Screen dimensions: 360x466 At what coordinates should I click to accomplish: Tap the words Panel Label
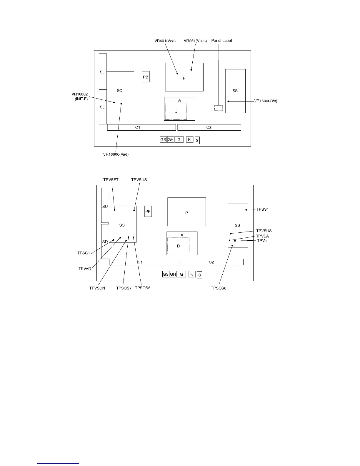[221, 41]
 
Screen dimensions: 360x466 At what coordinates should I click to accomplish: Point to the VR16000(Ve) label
[266, 101]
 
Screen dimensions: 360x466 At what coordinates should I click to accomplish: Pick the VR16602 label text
[80, 94]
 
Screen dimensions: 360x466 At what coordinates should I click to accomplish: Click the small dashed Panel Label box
[219, 108]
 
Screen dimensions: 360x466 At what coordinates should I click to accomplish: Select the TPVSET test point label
[111, 180]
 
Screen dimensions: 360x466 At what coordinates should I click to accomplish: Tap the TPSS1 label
[263, 209]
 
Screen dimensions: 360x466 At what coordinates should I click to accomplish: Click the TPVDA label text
[262, 236]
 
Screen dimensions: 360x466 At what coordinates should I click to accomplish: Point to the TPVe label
[262, 241]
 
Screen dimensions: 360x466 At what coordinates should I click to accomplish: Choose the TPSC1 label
[84, 253]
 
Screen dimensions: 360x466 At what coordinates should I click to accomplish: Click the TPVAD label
[85, 269]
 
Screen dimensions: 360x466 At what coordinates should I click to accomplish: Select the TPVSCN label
[97, 288]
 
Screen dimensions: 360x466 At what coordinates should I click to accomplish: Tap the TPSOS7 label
[124, 288]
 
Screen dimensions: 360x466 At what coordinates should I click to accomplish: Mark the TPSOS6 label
[143, 288]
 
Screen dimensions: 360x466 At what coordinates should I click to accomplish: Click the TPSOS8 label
[219, 288]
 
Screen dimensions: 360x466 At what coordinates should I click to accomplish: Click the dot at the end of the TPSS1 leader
[246, 210]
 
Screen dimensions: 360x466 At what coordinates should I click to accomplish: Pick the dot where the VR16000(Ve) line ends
[228, 101]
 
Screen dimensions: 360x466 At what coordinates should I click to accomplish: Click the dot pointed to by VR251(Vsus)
[191, 70]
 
